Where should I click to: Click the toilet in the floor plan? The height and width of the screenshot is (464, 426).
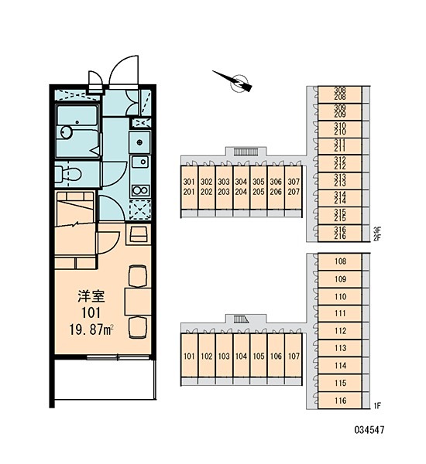(x=68, y=174)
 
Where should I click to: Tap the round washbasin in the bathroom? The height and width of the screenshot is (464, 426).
(x=67, y=132)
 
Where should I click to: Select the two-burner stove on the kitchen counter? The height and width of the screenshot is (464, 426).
(x=140, y=190)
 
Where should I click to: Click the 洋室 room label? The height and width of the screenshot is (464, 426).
(x=91, y=296)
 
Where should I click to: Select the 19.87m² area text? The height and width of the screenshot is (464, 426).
(x=91, y=329)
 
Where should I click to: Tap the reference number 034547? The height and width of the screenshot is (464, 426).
(x=369, y=430)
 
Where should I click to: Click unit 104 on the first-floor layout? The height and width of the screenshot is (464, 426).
(x=241, y=356)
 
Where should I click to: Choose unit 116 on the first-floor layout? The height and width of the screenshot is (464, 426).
(x=340, y=401)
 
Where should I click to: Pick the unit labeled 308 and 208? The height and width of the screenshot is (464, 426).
(x=340, y=94)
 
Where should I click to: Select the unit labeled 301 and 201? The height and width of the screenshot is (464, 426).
(x=189, y=187)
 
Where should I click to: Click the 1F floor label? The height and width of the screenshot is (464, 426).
(x=377, y=406)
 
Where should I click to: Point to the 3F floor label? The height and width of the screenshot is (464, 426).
(x=377, y=230)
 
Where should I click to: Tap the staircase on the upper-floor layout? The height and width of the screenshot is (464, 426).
(x=246, y=152)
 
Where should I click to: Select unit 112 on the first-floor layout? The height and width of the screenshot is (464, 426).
(x=340, y=331)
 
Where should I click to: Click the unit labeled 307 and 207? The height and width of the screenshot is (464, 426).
(x=294, y=187)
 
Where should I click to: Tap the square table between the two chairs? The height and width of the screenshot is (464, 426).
(x=138, y=302)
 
